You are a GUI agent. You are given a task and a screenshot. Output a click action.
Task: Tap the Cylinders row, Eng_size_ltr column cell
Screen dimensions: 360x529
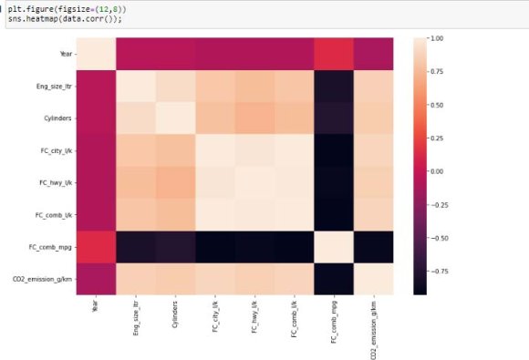[x=134, y=119]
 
